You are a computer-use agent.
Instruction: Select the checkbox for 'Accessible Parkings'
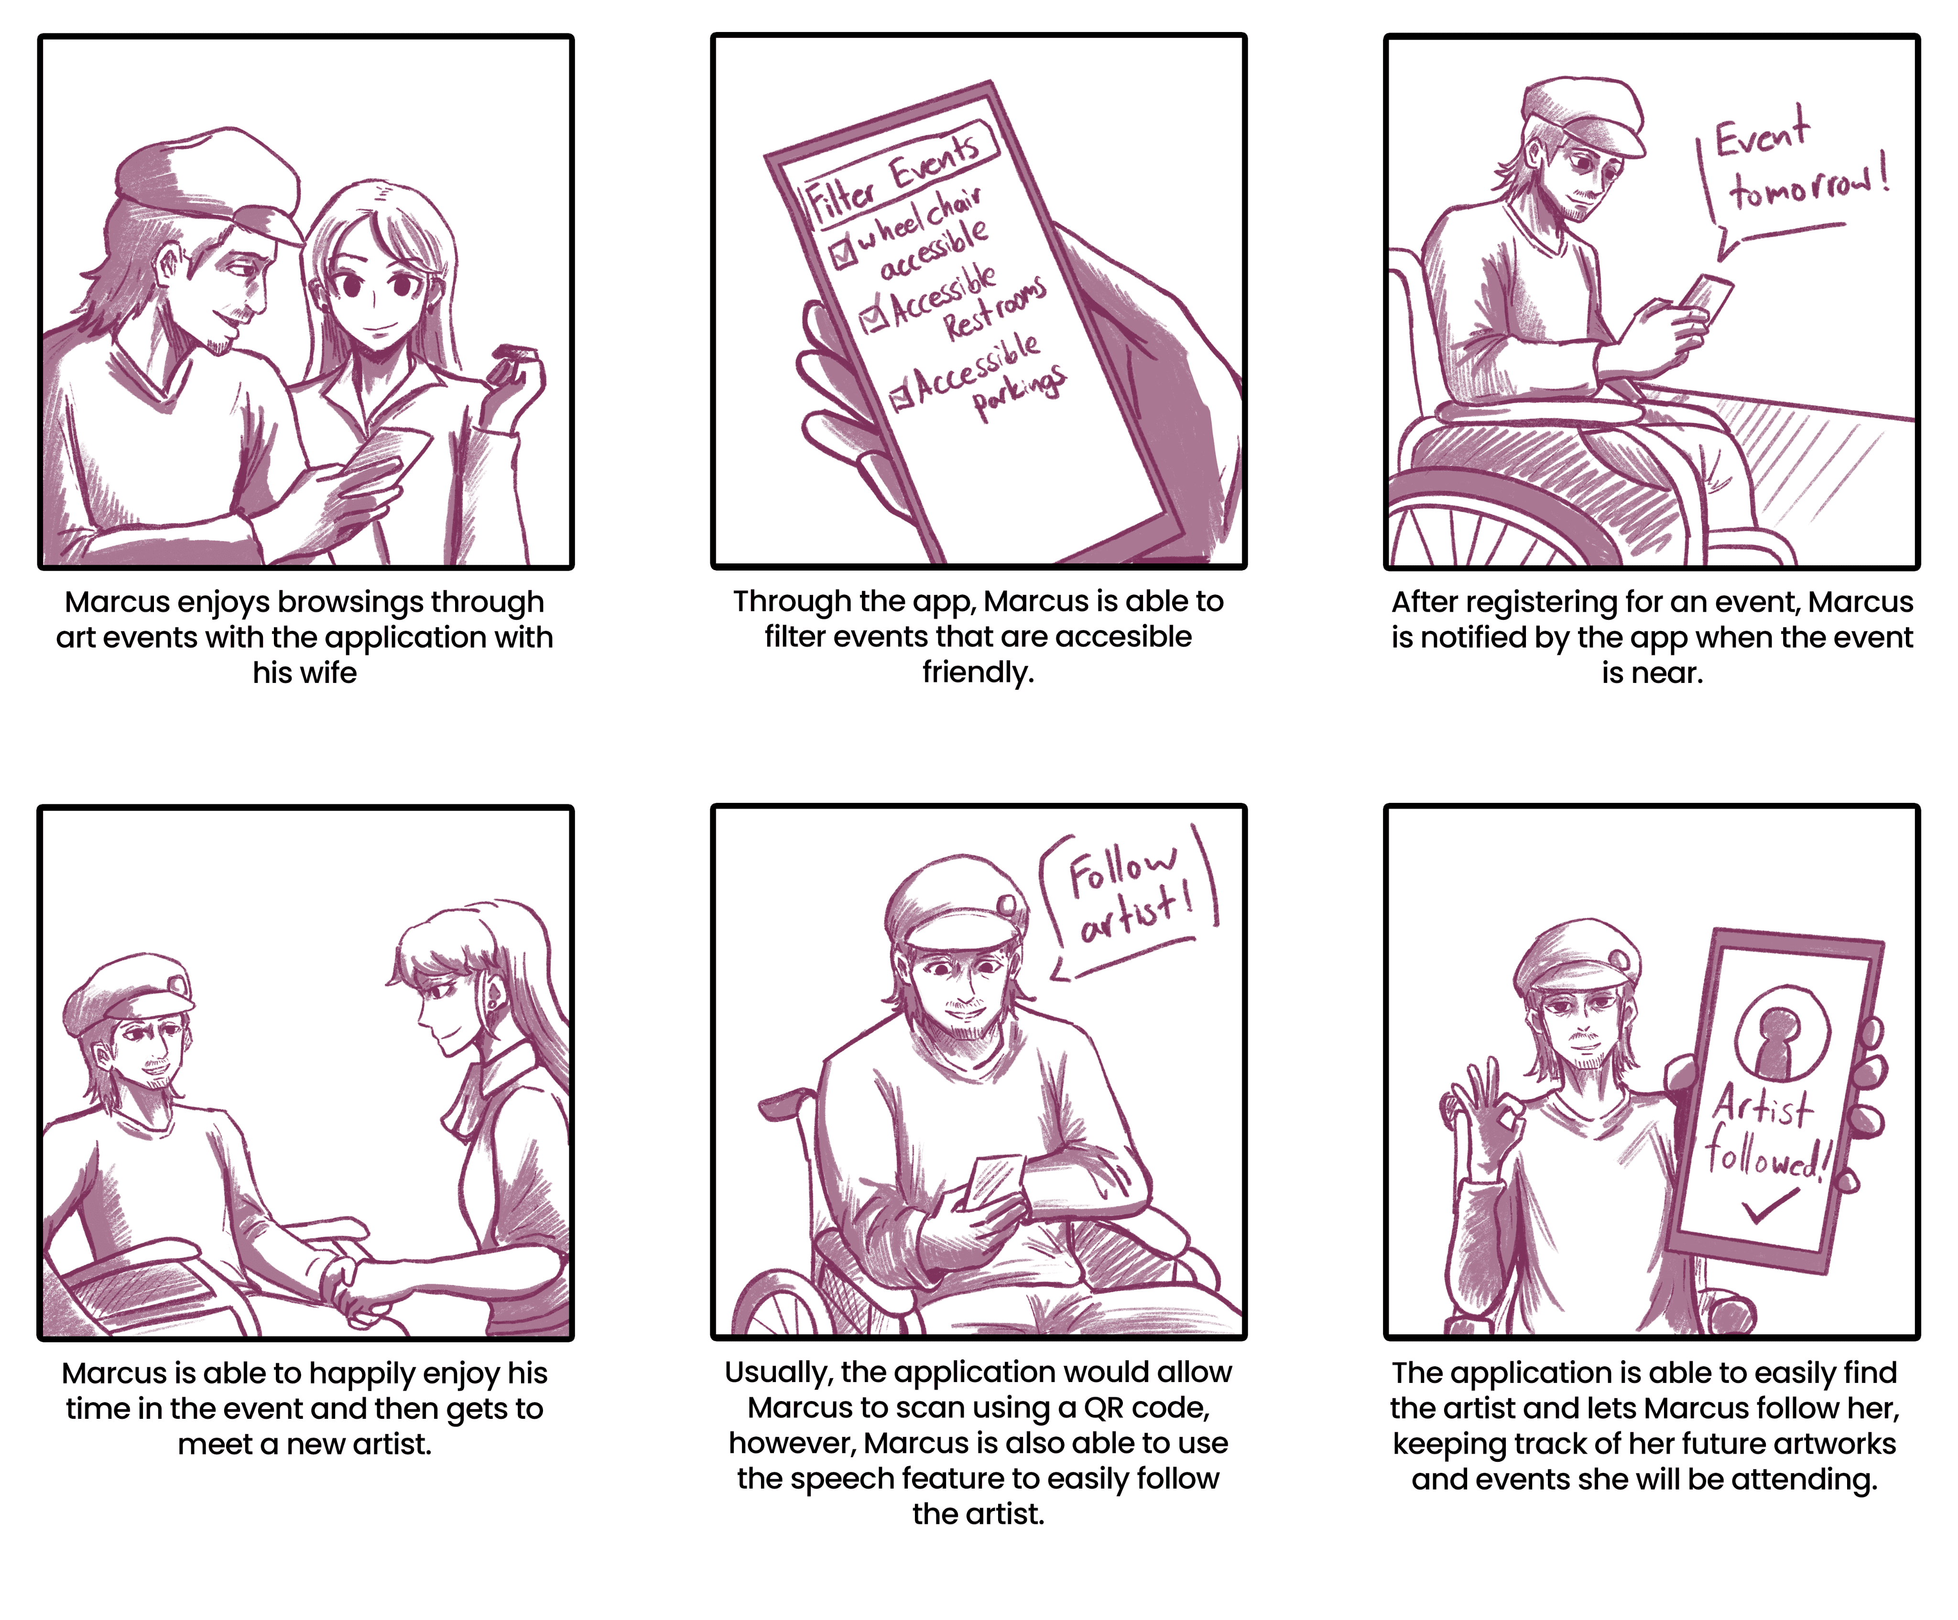(x=902, y=397)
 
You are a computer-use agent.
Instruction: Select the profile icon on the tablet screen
(x=1781, y=1035)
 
